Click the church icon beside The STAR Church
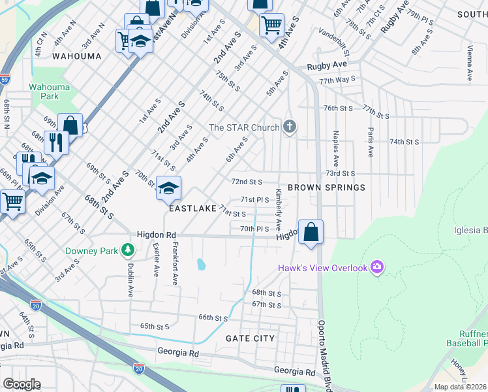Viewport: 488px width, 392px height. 290,127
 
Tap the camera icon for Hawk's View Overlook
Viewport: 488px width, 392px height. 376,267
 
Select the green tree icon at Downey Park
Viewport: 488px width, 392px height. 129,250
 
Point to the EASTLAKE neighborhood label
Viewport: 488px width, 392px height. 192,208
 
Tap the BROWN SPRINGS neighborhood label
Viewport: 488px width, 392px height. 328,188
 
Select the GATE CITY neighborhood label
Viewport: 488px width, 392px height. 250,338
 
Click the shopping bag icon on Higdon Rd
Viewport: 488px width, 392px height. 311,232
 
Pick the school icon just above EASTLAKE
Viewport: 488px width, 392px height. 168,189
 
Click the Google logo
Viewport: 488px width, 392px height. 21,384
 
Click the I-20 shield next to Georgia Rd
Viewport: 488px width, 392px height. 138,369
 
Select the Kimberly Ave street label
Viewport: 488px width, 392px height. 279,210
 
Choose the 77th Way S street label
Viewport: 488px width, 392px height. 337,79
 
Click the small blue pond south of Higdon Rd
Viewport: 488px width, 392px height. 202,265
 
